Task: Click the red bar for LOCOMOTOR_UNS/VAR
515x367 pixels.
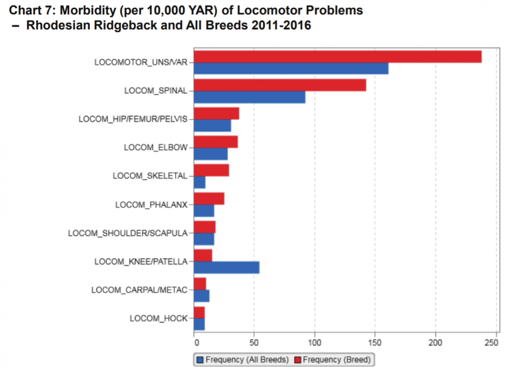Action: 337,57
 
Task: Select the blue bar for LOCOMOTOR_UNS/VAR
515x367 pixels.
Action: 291,68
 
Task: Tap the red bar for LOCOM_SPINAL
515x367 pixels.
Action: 280,85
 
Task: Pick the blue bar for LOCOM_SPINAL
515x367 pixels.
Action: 249,97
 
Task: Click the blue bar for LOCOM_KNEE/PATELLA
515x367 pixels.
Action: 227,268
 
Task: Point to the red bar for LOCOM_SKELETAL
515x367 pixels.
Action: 211,170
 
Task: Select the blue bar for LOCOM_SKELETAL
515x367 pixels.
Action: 200,182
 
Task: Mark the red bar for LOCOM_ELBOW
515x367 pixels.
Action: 216,142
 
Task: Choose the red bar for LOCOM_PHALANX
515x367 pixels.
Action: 209,199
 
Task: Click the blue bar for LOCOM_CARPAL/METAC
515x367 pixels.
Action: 201,296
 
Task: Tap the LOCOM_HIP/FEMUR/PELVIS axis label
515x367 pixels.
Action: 133,119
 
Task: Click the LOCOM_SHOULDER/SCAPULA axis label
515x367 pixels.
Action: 128,233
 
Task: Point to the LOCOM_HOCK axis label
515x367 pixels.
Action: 159,318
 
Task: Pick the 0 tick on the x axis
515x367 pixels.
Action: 195,342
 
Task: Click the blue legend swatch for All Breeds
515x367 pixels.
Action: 200,359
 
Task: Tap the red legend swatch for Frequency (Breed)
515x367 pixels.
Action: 297,359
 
